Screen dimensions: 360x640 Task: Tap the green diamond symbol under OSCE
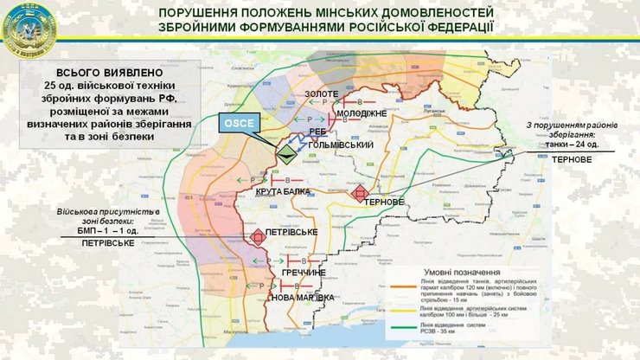tap(285, 154)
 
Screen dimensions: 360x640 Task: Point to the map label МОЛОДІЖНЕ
tap(337, 113)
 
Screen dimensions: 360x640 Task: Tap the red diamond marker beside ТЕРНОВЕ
tap(360, 193)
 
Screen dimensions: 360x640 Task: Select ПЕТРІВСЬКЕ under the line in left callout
tap(108, 245)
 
